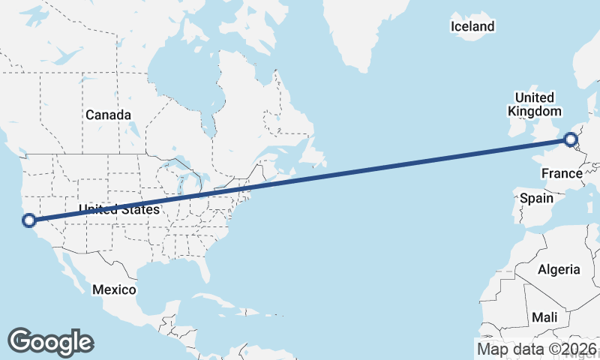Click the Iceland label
[x=472, y=27]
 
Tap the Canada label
[x=108, y=115]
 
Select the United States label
[x=119, y=209]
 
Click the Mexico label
[x=114, y=289]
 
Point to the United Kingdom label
[x=534, y=104]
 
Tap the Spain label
[x=536, y=199]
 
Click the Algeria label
[x=559, y=269]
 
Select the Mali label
[x=544, y=317]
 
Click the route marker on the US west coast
[x=29, y=220]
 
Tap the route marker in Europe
[x=571, y=139]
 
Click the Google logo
[x=51, y=341]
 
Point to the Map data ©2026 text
[x=537, y=349]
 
